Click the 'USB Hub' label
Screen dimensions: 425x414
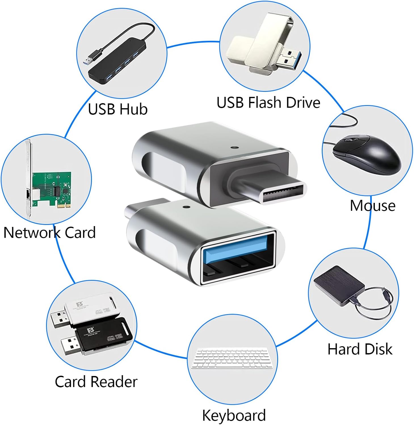118,109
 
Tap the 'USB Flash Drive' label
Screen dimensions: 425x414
268,103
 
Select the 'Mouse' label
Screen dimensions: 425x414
372,206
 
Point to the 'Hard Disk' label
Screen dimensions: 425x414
360,349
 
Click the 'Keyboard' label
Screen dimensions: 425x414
234,415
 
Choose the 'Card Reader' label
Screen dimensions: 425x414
96,382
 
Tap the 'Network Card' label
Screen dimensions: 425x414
49,233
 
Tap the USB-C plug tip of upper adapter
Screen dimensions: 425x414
284,193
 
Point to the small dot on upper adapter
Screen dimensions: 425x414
234,148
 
